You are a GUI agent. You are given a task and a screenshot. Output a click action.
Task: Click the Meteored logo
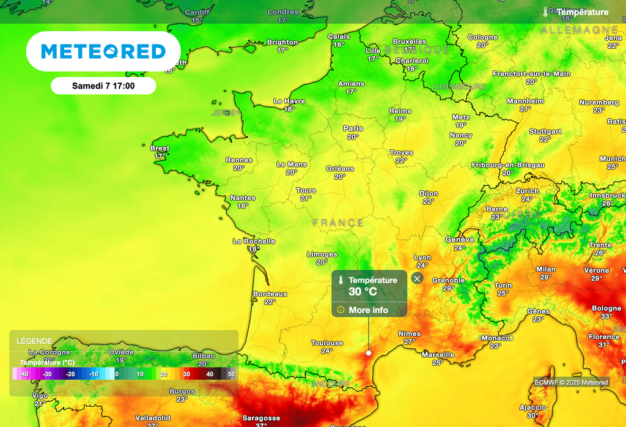(103, 51)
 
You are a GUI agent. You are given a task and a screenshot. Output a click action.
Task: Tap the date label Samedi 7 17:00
(103, 86)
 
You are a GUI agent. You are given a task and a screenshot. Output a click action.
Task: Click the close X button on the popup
(417, 279)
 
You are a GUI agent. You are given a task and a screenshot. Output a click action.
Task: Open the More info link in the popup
(368, 310)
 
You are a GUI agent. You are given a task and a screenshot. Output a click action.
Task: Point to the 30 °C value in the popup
(363, 292)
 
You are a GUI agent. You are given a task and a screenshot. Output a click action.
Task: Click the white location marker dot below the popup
(369, 352)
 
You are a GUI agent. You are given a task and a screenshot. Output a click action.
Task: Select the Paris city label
(353, 128)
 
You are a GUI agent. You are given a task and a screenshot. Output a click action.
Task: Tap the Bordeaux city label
(270, 294)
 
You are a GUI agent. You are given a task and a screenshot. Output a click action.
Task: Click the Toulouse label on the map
(327, 343)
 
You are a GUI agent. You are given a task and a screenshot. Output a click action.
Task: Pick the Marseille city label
(438, 355)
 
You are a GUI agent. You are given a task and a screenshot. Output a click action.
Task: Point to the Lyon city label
(422, 258)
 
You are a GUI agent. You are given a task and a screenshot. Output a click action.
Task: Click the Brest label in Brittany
(160, 149)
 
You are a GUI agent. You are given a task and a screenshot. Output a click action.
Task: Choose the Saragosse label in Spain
(261, 418)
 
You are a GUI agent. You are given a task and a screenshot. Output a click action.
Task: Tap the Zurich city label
(527, 191)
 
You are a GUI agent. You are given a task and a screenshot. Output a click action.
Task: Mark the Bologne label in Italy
(606, 308)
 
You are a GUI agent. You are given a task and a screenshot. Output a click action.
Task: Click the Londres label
(283, 12)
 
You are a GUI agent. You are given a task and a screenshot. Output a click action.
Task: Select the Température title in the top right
(582, 12)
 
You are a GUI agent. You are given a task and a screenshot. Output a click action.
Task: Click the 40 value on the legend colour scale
(210, 374)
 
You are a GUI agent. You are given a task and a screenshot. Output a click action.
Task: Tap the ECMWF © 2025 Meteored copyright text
(571, 382)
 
